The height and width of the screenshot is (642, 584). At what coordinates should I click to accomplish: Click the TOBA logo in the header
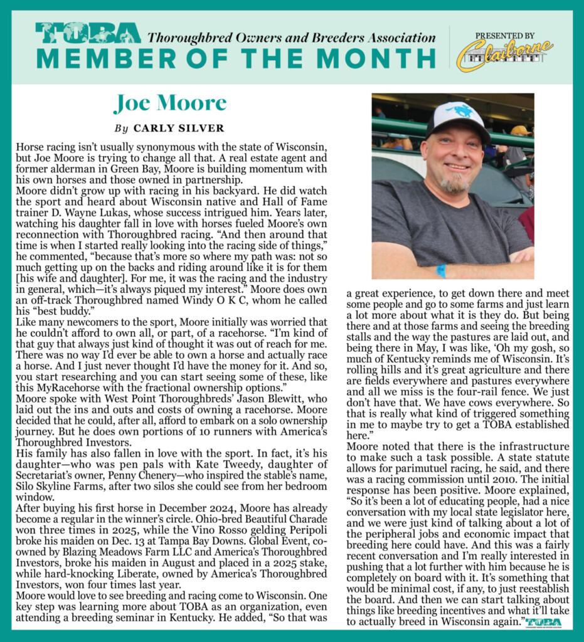[88, 33]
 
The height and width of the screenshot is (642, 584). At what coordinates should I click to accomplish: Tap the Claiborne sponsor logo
[504, 55]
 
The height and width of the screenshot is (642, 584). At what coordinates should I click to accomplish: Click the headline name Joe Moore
[170, 103]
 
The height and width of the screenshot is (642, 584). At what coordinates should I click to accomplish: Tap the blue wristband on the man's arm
[441, 271]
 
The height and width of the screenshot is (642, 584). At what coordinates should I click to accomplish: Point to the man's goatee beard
[454, 184]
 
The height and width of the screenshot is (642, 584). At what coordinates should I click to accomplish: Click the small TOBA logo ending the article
[544, 623]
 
